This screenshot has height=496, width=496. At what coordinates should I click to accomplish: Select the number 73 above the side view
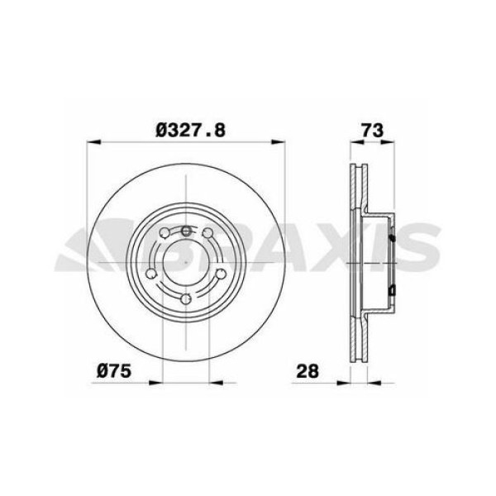click(369, 130)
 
